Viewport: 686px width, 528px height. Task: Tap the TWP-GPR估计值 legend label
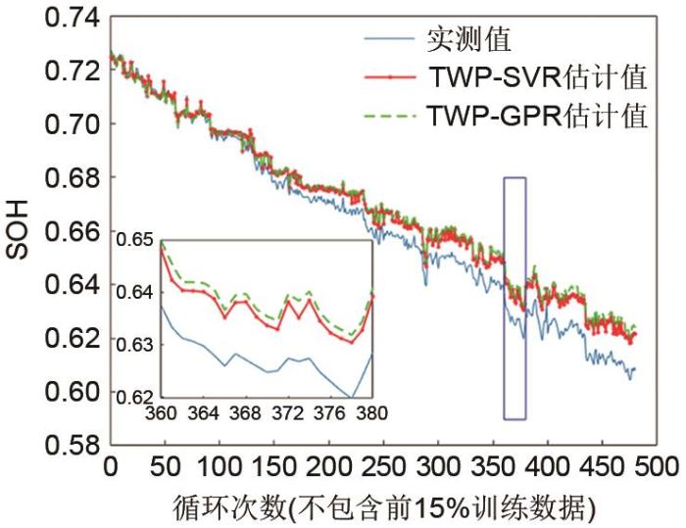[x=537, y=117]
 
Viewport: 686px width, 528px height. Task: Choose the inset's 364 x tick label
[x=203, y=413]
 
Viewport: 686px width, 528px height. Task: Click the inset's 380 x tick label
[x=371, y=413]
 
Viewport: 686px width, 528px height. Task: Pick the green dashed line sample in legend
[x=390, y=117]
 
